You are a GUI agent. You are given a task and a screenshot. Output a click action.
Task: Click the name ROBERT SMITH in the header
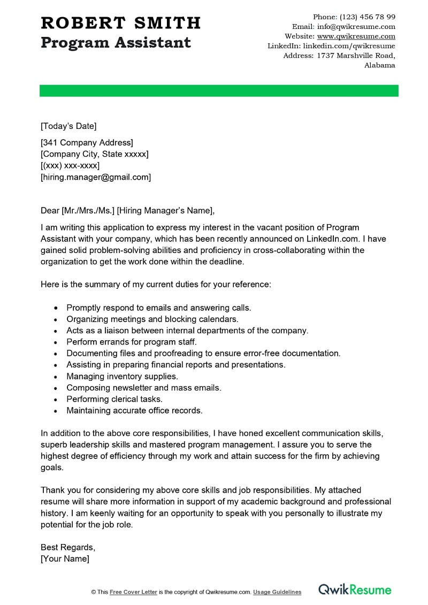[x=120, y=23]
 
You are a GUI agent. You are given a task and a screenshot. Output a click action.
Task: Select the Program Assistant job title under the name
[x=116, y=42]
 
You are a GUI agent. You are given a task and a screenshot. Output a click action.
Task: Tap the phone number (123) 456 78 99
[x=368, y=17]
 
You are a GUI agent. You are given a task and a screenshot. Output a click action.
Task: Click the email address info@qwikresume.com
[x=356, y=26]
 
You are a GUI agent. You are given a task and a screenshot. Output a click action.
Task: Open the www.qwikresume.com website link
[x=356, y=36]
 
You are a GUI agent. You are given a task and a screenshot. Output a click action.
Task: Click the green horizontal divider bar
[x=219, y=90]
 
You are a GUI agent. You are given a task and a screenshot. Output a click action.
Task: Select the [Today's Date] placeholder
[x=68, y=126]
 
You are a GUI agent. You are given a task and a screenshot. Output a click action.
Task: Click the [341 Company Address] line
[x=87, y=142]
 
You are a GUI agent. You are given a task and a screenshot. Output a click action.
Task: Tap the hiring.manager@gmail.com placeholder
[x=96, y=177]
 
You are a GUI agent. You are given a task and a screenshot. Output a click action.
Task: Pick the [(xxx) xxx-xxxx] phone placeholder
[x=70, y=165]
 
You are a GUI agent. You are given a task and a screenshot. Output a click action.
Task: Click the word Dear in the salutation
[x=50, y=210]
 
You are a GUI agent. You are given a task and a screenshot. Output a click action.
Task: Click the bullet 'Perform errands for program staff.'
[x=132, y=342]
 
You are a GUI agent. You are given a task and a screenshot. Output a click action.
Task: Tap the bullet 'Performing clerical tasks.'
[x=114, y=399]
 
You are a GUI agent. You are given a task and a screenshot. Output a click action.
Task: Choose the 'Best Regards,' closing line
[x=68, y=547]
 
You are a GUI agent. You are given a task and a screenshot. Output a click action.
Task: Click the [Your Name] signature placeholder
[x=65, y=558]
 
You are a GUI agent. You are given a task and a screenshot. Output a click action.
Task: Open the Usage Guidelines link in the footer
[x=277, y=592]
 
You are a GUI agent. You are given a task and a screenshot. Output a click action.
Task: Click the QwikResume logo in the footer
[x=355, y=590]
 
